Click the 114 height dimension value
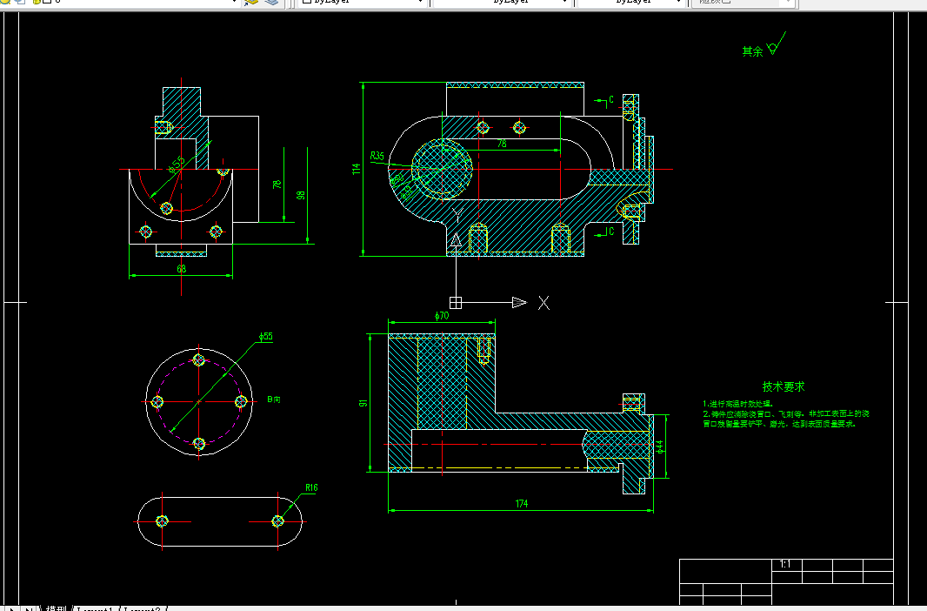tap(356, 169)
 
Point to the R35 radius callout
tap(377, 156)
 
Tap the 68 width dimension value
tap(181, 269)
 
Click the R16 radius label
tap(311, 487)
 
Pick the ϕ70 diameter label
tap(441, 315)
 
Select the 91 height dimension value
tap(363, 403)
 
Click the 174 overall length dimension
tap(522, 504)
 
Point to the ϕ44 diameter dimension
tap(659, 446)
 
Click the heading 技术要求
tap(784, 386)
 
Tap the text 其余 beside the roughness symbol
tap(752, 51)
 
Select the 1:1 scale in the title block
tap(785, 564)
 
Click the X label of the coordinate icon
tap(544, 302)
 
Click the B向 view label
tap(275, 399)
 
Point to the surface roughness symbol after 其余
tap(775, 45)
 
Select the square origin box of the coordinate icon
tap(455, 302)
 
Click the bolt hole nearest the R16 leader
tap(278, 520)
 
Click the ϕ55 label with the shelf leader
tap(266, 336)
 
